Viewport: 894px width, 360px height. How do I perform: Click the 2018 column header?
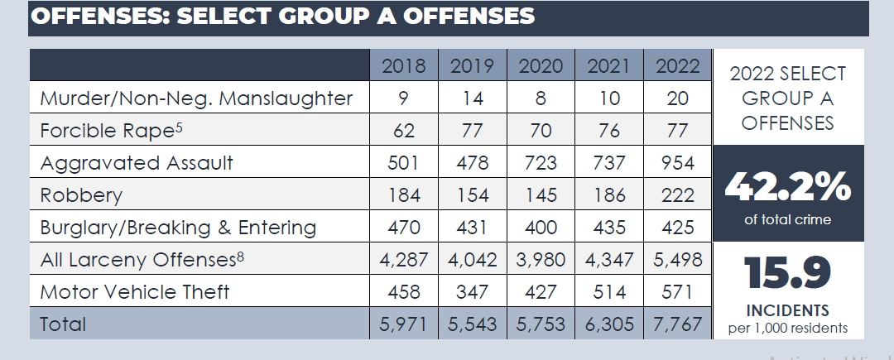(x=404, y=66)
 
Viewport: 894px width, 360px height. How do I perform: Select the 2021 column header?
(x=608, y=66)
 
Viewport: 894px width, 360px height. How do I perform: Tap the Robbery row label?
(x=81, y=195)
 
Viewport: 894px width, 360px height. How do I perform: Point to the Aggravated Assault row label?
(x=137, y=163)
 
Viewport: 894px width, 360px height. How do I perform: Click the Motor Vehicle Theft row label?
(x=135, y=291)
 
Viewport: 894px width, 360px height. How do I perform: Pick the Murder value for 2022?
(x=677, y=98)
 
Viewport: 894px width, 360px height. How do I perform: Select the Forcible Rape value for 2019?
(x=472, y=131)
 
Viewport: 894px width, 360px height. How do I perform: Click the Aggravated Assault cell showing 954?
(x=677, y=163)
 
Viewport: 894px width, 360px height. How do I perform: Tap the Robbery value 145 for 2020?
(x=540, y=195)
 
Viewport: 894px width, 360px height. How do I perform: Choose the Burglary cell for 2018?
(x=404, y=227)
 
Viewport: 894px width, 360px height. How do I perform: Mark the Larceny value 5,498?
(x=677, y=260)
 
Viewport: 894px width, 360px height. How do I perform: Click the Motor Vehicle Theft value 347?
(x=472, y=291)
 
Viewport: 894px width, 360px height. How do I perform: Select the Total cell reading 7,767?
(x=677, y=324)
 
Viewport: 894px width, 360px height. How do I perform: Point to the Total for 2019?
(x=472, y=324)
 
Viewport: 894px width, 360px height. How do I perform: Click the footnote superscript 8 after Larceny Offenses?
(x=240, y=255)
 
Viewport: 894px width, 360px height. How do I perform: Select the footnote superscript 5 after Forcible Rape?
(x=178, y=127)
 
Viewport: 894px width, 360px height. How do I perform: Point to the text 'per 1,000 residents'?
(x=788, y=328)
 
